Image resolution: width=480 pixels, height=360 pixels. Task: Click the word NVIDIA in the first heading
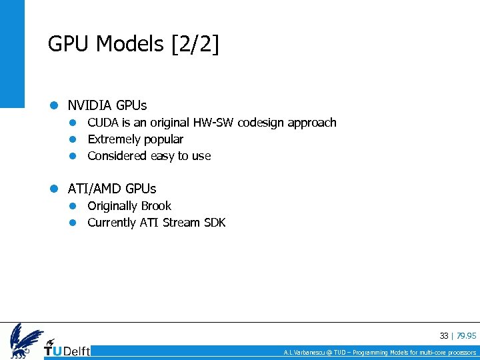point(90,105)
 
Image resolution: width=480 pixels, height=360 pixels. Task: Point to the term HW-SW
point(213,123)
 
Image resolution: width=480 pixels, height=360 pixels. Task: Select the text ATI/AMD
point(94,189)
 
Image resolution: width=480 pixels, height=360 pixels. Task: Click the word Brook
point(156,206)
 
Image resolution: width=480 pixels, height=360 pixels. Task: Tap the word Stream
point(179,223)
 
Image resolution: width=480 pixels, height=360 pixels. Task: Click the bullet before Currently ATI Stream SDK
point(76,223)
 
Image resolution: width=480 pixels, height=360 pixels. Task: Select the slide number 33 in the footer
point(444,336)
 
